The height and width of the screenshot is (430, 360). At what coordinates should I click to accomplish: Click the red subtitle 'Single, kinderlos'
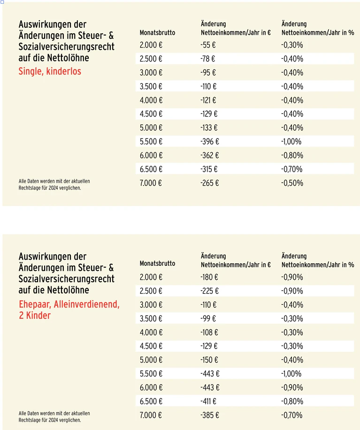pos(50,71)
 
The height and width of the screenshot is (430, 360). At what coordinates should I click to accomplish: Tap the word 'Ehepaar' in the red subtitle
pos(35,304)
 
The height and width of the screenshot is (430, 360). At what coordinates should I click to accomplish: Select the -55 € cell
pos(208,45)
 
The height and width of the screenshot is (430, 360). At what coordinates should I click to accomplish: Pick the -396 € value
pos(210,141)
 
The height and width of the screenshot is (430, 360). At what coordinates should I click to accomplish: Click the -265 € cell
pos(210,183)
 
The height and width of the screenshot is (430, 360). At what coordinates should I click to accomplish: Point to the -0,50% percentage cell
pos(292,183)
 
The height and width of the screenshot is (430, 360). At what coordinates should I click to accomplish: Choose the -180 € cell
pos(209,277)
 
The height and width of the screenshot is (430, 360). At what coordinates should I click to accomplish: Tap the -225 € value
pos(209,291)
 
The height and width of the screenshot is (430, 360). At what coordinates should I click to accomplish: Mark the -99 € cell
pos(208,319)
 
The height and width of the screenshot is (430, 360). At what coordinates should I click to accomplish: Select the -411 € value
pos(208,401)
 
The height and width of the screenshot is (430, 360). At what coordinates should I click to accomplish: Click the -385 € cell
pos(210,415)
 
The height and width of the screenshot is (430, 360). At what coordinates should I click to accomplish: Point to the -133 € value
pos(209,128)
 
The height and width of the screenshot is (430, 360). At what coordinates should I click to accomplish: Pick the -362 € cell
pos(210,155)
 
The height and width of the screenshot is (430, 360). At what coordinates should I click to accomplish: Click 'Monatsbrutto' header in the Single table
pos(157,33)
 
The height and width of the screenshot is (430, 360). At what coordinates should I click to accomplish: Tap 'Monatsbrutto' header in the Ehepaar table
pos(157,263)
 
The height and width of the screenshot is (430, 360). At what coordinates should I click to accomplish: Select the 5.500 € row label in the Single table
pos(151,141)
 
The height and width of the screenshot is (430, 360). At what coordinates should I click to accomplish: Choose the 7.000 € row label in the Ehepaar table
pos(151,415)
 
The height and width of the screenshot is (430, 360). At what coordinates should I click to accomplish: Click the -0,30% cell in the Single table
pos(292,45)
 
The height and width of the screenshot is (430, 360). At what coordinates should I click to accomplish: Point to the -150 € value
pos(209,360)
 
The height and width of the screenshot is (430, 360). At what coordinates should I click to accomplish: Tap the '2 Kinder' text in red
pos(35,315)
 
